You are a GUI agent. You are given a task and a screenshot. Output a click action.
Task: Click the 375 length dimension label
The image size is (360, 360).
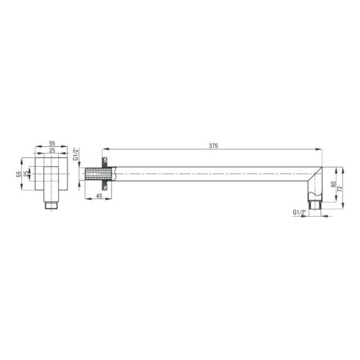[213, 146]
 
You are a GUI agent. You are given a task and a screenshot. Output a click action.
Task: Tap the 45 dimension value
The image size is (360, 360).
[99, 196]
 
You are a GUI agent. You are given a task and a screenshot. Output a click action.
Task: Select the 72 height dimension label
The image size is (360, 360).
[339, 188]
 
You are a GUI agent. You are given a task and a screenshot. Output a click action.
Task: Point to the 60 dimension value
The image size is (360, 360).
[333, 184]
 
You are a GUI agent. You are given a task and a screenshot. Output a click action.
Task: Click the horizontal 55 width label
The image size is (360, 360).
[52, 143]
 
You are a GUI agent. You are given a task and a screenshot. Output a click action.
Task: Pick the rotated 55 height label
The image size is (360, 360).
[19, 174]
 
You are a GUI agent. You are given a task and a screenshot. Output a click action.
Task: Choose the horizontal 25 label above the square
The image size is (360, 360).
[52, 151]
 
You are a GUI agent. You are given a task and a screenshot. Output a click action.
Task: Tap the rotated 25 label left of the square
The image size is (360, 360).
[26, 174]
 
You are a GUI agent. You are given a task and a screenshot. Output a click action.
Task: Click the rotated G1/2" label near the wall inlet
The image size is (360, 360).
[76, 154]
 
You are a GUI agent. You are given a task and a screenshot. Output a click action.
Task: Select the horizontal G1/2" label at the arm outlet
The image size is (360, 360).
[300, 212]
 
